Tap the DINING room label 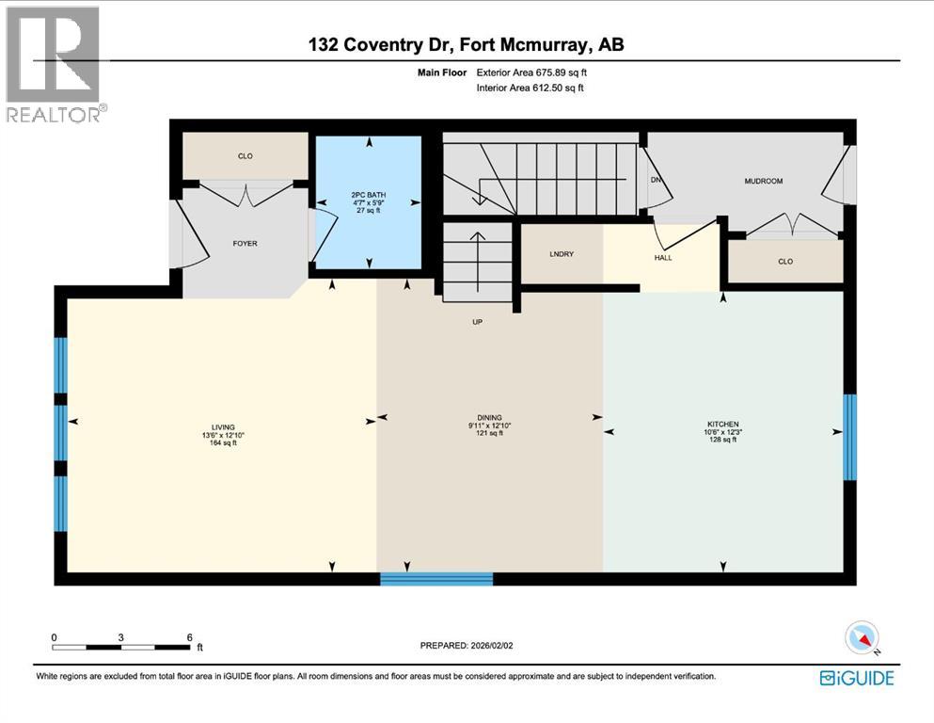coord(489,418)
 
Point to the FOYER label coord(245,244)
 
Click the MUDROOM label coord(763,181)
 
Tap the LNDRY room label coord(562,254)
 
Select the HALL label coord(663,258)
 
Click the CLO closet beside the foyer coord(245,156)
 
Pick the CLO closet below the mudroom coord(785,262)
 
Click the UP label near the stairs coord(478,321)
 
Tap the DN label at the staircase coord(655,181)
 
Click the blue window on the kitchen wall coord(849,437)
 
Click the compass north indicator coord(863,638)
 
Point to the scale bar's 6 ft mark coord(190,636)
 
